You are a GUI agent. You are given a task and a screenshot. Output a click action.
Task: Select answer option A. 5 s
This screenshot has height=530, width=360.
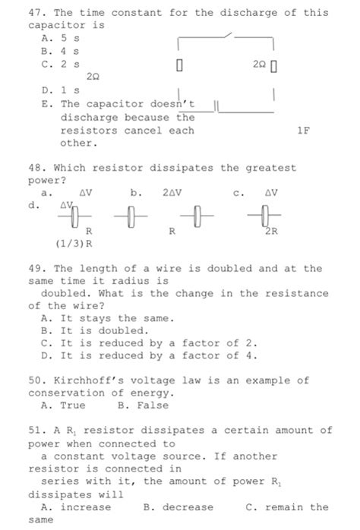[58, 36]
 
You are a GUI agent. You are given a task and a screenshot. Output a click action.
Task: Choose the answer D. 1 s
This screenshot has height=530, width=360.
[58, 90]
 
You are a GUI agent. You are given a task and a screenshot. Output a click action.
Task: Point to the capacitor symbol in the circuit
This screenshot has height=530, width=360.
[216, 111]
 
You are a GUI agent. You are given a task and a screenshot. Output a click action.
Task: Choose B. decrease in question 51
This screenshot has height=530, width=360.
[178, 506]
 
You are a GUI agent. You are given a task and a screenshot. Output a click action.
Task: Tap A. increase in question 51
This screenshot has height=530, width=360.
[76, 506]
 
